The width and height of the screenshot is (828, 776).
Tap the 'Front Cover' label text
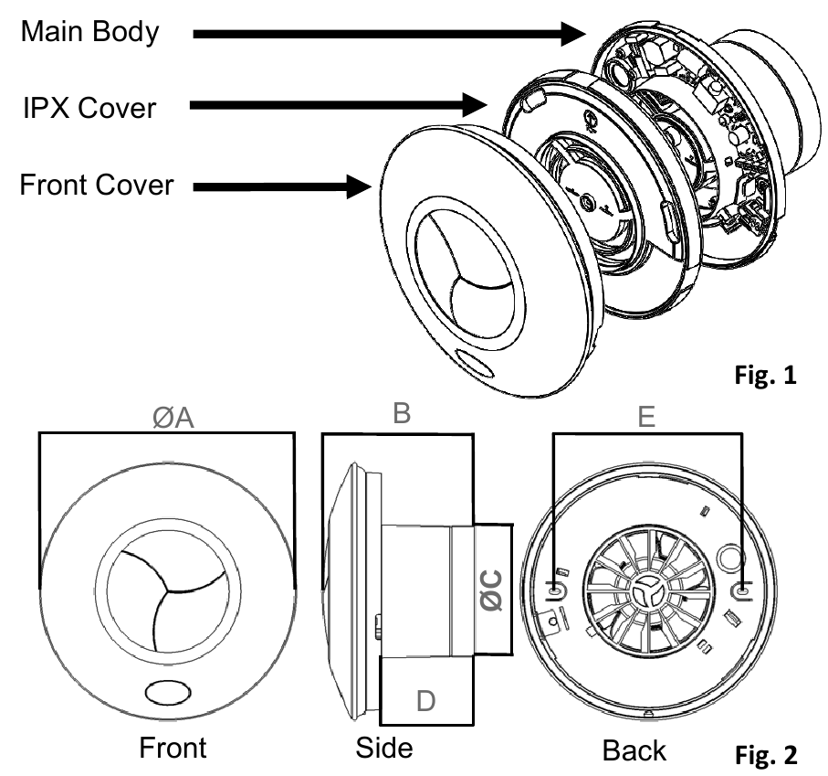pos(98,186)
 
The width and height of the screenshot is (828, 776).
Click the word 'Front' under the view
pos(173,748)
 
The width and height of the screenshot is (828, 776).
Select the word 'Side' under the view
pos(383,748)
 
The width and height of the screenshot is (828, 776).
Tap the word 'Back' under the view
pos(634,749)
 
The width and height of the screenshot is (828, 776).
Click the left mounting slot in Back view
pos(558,590)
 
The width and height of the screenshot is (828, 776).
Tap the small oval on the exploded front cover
pos(477,366)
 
